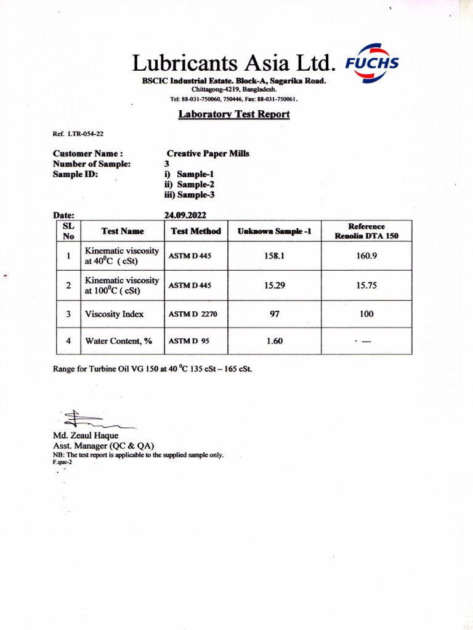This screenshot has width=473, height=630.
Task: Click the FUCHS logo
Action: click(373, 63)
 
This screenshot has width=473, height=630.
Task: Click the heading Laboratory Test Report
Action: click(234, 114)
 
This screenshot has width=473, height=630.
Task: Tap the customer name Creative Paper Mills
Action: click(208, 154)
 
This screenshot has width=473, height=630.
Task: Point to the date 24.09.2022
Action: click(185, 215)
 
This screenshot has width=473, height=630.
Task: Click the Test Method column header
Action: click(196, 231)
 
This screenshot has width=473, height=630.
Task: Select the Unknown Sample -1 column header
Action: click(275, 231)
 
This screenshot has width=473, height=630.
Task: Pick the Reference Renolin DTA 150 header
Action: click(366, 231)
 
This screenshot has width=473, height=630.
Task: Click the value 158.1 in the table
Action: click(274, 255)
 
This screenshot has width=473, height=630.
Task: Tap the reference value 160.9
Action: click(366, 255)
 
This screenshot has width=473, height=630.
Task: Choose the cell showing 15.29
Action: click(274, 285)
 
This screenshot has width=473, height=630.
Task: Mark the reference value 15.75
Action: click(366, 285)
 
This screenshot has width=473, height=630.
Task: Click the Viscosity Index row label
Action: click(115, 314)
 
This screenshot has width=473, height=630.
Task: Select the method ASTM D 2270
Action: click(193, 314)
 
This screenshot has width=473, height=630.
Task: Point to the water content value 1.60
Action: click(275, 341)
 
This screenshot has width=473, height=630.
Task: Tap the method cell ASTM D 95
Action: click(190, 341)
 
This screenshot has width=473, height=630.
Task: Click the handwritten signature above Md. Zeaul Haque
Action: click(92, 420)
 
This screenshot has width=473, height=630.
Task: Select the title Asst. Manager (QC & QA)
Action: click(103, 445)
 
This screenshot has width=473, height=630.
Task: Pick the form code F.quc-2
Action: click(62, 462)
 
